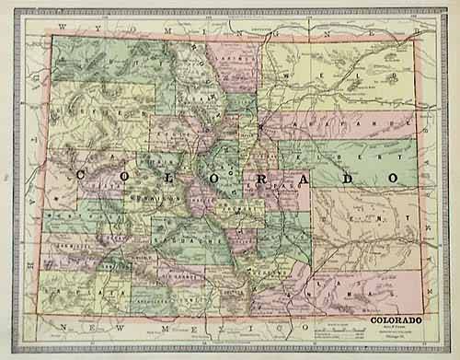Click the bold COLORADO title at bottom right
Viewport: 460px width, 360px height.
398,319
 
